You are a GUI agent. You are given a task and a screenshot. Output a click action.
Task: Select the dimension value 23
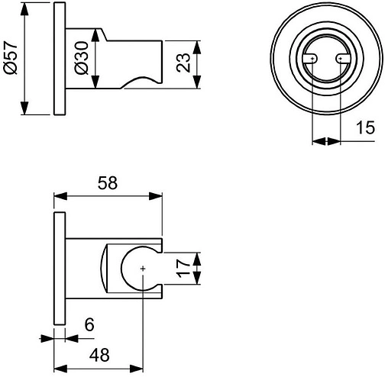point(183,62)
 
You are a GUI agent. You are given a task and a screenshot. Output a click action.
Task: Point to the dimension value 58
point(108,184)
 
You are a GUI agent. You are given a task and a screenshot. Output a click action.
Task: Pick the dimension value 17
point(182,270)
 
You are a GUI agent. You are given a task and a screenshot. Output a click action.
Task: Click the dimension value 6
point(89,326)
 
